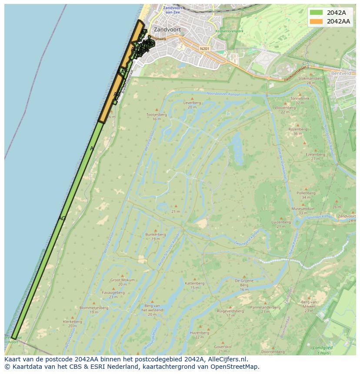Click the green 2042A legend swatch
coord(316,12)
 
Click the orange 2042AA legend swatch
coord(316,21)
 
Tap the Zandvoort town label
coord(167,30)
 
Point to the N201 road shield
coord(204,48)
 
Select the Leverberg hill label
coord(192,103)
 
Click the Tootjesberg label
coord(157,115)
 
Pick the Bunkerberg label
coord(156,235)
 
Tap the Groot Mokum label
coord(122,280)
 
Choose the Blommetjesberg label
coord(94,308)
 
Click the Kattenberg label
coord(194,283)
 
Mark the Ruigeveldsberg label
coord(230,311)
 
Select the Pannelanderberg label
coord(265,308)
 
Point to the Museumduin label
coord(303,209)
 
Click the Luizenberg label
coord(281,222)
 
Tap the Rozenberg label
coord(298,129)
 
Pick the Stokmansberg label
coord(311,79)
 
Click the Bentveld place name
coord(340,73)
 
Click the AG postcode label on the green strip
coord(62,218)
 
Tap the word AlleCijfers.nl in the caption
coord(228,359)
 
